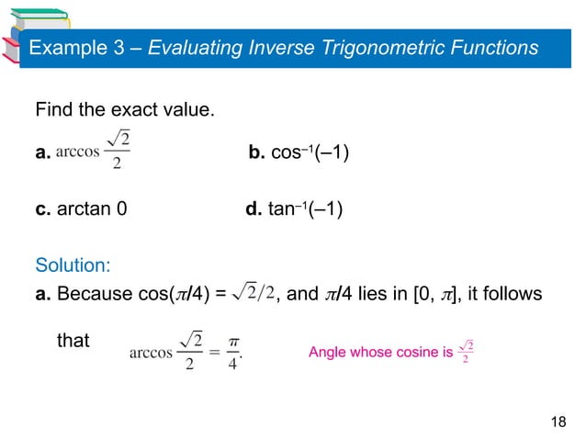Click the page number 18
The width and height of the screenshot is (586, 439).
(558, 421)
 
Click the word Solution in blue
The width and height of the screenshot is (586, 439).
(73, 265)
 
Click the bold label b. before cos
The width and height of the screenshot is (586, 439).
(257, 152)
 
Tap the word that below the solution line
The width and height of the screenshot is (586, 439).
(73, 342)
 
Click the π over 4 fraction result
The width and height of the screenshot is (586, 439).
(234, 352)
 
